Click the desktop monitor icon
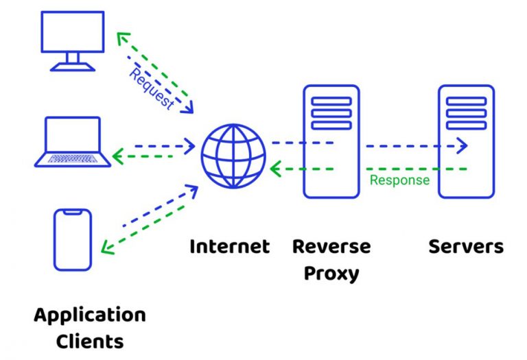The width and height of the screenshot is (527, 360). (73, 40)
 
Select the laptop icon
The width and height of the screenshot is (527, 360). (73, 143)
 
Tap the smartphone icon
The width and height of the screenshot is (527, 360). (73, 239)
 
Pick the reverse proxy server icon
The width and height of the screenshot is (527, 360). (331, 141)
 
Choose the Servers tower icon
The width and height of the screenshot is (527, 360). (466, 141)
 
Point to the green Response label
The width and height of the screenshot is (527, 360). (399, 180)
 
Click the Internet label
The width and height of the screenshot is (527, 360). (230, 246)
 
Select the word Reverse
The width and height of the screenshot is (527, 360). (331, 246)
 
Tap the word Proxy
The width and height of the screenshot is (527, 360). (331, 274)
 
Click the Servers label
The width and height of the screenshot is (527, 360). (466, 246)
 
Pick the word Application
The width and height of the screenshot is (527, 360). (90, 315)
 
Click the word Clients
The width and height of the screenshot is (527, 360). (90, 341)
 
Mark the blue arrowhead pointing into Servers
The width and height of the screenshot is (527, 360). (462, 145)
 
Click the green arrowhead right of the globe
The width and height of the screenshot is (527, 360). (275, 169)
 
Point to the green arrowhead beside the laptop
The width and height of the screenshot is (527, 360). (117, 157)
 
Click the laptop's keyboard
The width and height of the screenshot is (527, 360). (73, 158)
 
